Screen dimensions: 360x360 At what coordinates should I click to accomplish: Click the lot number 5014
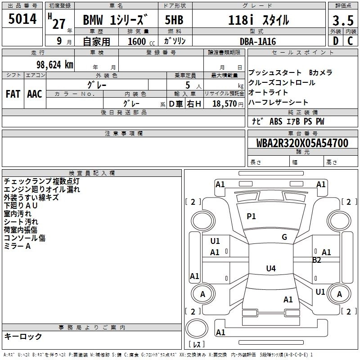(22, 19)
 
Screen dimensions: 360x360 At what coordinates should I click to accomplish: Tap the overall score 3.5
(342, 21)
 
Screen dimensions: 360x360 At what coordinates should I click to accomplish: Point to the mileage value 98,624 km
(48, 64)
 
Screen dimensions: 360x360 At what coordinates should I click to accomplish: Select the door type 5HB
(174, 20)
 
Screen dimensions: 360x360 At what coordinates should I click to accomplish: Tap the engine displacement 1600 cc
(138, 41)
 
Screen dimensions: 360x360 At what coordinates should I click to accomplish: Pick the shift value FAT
(13, 94)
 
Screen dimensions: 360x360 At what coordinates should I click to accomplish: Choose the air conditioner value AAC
(35, 94)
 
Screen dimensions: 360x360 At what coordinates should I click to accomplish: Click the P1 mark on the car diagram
(251, 216)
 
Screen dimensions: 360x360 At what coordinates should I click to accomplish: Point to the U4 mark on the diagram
(270, 269)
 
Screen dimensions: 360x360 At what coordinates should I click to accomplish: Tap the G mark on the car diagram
(284, 237)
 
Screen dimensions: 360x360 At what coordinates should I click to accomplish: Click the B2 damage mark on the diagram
(317, 260)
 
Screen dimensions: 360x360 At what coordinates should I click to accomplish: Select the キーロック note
(23, 337)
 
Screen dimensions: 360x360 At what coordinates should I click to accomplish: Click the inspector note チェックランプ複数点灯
(41, 181)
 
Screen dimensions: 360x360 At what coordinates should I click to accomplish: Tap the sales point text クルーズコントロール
(282, 83)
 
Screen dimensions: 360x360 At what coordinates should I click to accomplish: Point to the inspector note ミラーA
(17, 246)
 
